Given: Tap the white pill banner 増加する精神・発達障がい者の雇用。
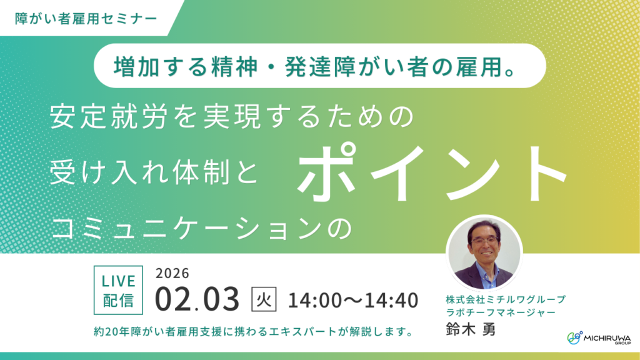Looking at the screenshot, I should [319, 65].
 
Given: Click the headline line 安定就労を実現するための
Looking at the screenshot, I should [231, 117].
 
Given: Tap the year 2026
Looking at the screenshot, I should [172, 272].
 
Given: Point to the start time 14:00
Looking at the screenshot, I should [313, 300].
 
